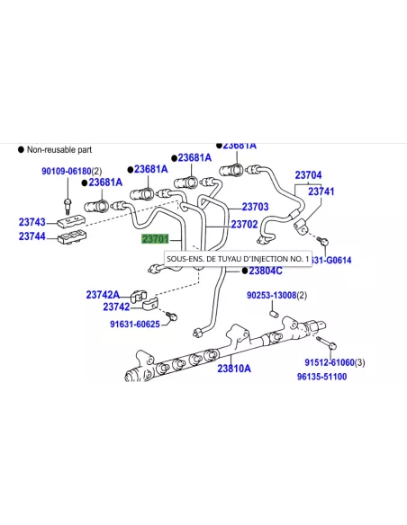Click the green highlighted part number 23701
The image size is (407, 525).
point(155,239)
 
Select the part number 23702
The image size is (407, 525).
point(244,224)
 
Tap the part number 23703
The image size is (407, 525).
point(255,207)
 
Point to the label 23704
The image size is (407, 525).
point(308,175)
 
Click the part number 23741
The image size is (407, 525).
point(321,191)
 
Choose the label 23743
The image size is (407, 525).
point(32,222)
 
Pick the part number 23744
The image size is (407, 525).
point(32,236)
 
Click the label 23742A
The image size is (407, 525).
point(103,295)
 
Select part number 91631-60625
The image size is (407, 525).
point(135,325)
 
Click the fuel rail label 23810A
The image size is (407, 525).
point(234,369)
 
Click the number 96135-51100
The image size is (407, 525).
point(321,377)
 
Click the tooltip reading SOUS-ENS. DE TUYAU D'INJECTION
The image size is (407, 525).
point(238,259)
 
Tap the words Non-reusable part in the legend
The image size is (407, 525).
point(59,149)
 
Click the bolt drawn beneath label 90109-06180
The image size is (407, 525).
point(68,206)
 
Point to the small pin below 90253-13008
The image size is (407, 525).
point(275,314)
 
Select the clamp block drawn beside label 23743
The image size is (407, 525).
point(70,221)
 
